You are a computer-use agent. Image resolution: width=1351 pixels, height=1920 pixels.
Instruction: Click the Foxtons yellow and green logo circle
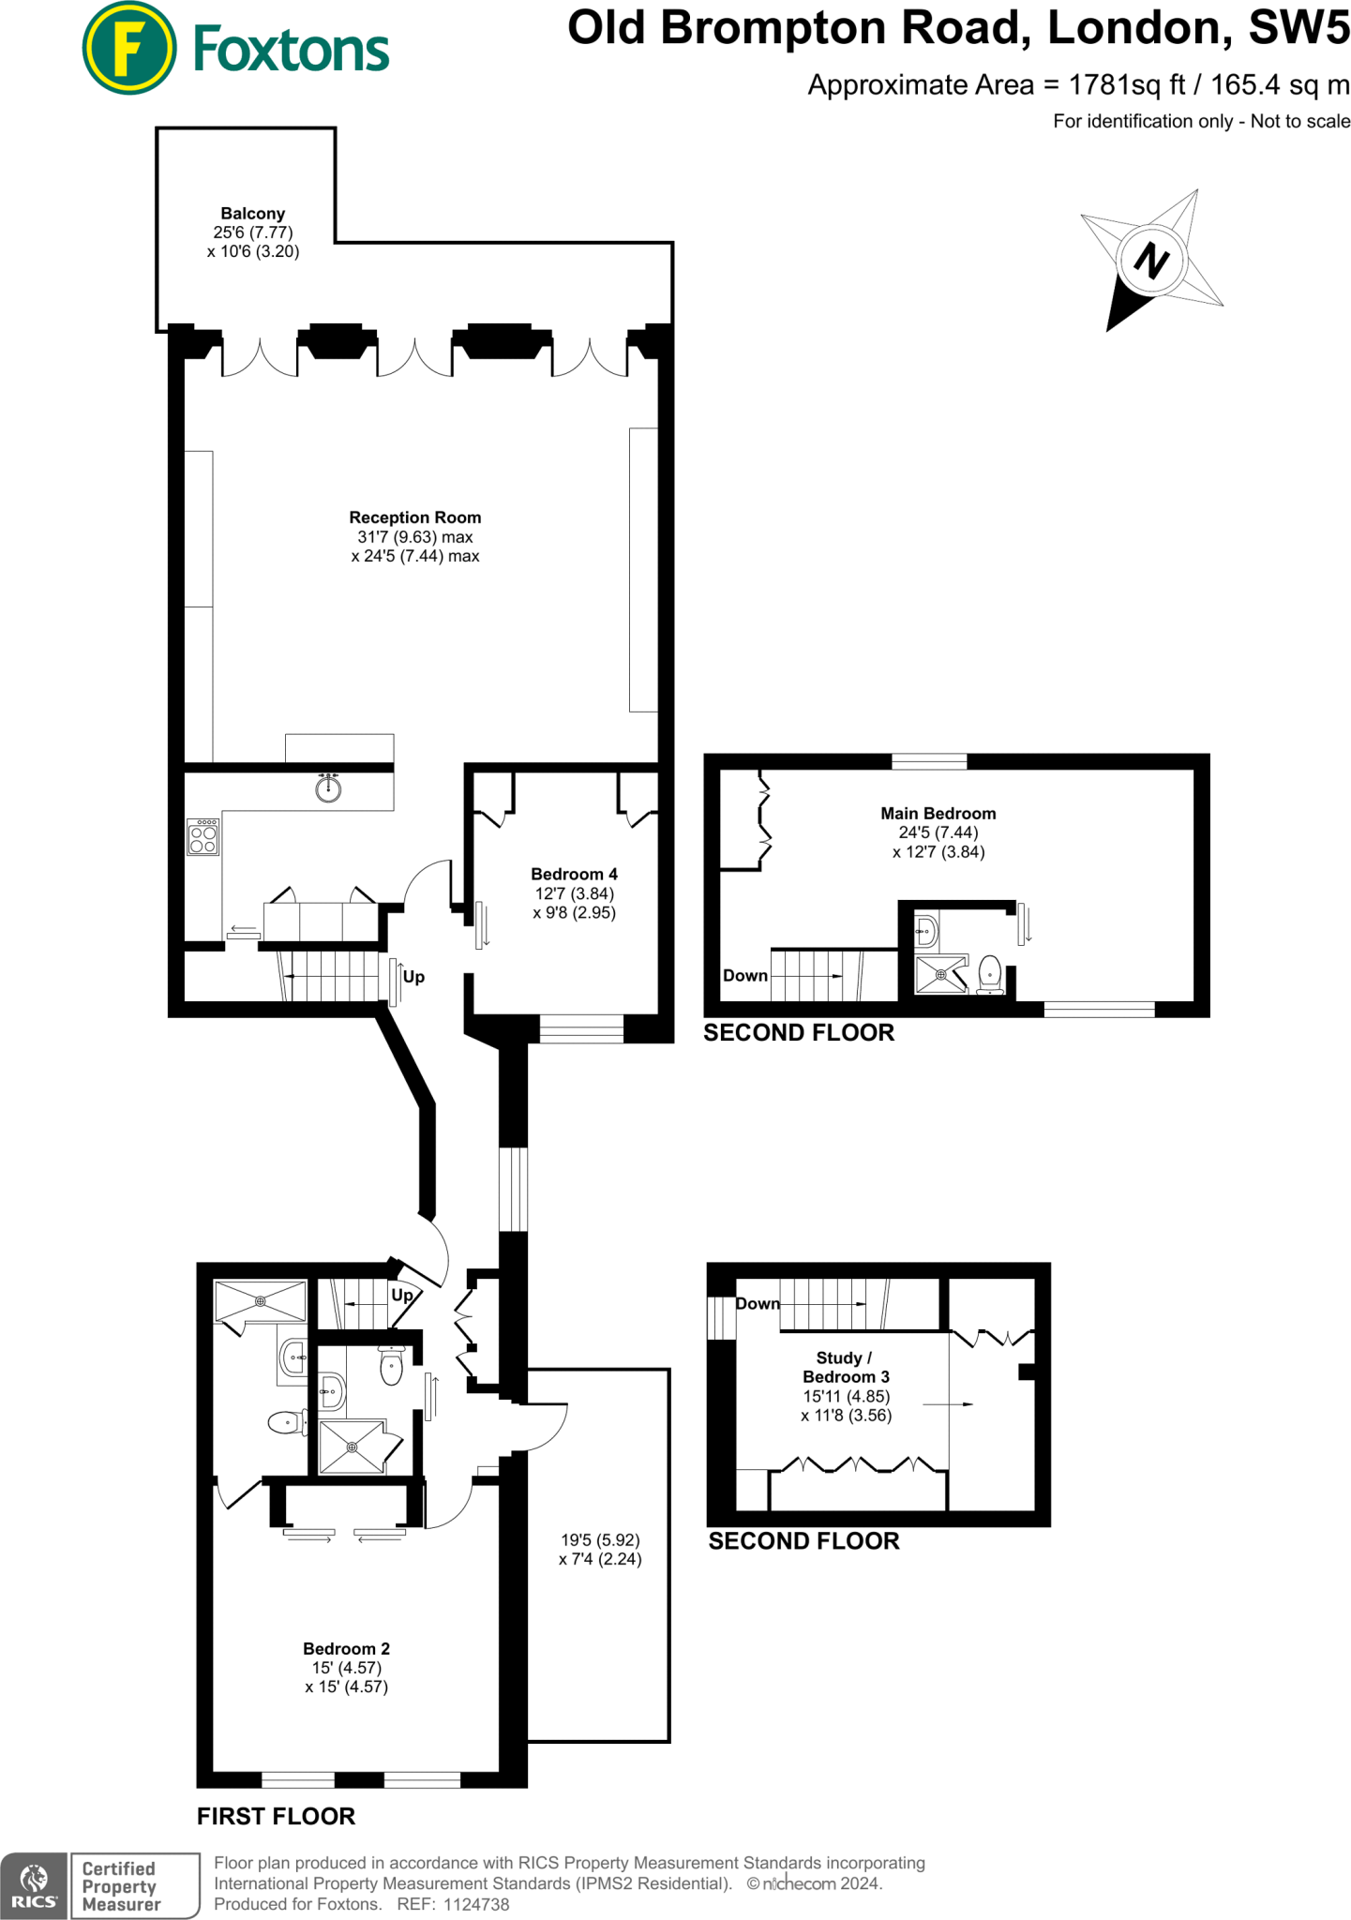click(x=128, y=48)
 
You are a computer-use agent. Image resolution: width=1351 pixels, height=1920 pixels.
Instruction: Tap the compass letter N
click(x=1151, y=260)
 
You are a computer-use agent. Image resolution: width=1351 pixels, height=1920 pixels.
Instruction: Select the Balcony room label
click(x=253, y=214)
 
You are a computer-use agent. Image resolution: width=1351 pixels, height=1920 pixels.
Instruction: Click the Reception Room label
click(x=415, y=517)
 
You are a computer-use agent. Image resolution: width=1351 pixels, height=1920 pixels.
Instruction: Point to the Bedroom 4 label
click(x=574, y=874)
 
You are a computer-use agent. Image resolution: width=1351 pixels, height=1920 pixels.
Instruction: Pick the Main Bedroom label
click(x=938, y=814)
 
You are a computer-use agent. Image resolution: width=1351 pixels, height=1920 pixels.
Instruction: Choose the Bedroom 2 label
click(x=346, y=1648)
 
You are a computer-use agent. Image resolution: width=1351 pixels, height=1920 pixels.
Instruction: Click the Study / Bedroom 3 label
click(x=846, y=1367)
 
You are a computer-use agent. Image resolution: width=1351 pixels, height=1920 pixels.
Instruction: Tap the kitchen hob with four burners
click(x=203, y=837)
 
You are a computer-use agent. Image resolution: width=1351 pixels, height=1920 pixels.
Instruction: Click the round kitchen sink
click(x=328, y=787)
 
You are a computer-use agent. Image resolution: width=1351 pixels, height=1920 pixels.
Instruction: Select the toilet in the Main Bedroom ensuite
click(x=990, y=975)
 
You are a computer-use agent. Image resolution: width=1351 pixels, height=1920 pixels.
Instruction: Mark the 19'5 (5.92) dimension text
click(x=600, y=1539)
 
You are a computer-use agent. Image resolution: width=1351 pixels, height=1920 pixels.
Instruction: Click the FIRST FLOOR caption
click(x=277, y=1816)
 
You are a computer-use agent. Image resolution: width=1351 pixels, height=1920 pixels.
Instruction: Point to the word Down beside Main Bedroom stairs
click(x=745, y=975)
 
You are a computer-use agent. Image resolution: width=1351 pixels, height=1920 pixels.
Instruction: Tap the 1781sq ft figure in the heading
click(x=1127, y=85)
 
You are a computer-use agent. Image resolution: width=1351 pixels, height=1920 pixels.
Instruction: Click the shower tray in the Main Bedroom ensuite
click(x=941, y=974)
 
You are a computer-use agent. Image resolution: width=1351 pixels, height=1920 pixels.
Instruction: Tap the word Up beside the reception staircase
click(x=413, y=976)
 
